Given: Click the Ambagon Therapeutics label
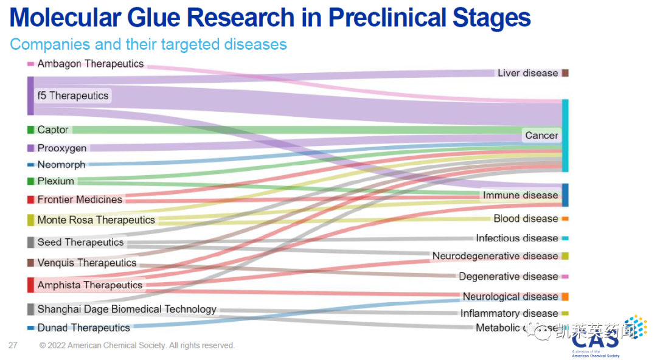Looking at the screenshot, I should (90, 64).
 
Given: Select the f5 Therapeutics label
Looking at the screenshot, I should (72, 95).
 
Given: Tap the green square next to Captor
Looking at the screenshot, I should (30, 130).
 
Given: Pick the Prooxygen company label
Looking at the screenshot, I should (62, 148).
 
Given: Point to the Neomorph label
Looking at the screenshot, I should (61, 165).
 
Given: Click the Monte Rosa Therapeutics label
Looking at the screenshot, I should (96, 220).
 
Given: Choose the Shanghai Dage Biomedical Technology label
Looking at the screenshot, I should (127, 309).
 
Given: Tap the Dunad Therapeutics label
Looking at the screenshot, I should (83, 328).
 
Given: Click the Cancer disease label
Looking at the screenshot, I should (541, 136).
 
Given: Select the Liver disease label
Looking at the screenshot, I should (527, 73).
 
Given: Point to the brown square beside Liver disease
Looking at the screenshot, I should (565, 73).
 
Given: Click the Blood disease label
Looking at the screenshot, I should (526, 218).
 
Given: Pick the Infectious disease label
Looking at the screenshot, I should (516, 238).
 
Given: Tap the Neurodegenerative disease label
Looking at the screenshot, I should (495, 256).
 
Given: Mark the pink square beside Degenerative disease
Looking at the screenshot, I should (565, 277).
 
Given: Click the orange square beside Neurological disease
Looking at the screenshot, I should (565, 297).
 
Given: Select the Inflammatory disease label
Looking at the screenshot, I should (509, 313).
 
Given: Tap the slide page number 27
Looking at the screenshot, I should (13, 345).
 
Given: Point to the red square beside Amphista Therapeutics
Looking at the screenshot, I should (30, 285).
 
